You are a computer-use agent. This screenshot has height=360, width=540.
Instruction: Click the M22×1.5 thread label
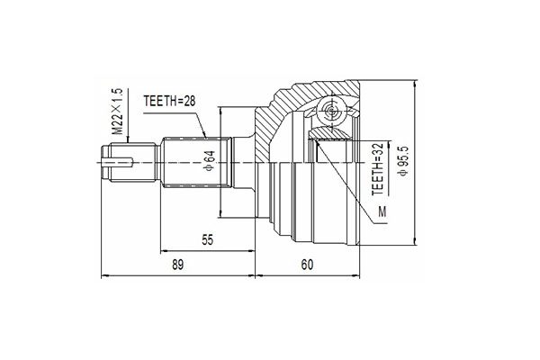coord(116,111)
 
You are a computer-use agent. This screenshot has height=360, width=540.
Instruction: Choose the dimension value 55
coord(207,240)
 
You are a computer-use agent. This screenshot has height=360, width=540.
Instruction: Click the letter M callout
coord(383,211)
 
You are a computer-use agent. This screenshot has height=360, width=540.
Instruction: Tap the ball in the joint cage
coord(329,113)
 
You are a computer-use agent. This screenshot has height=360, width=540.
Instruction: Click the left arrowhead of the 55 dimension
coord(164,250)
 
